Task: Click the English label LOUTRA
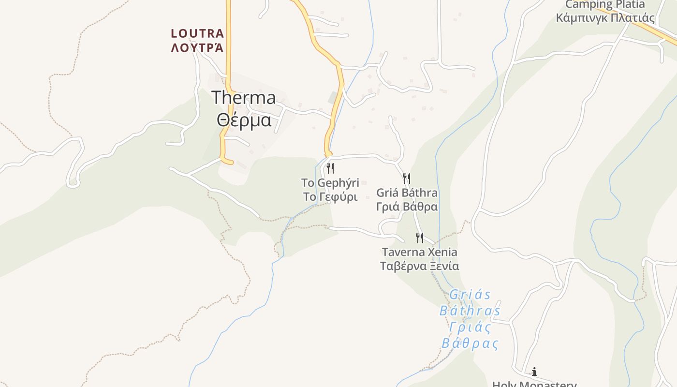(197, 33)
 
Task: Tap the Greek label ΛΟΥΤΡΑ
(197, 47)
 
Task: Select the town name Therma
(244, 98)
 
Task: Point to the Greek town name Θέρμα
(244, 119)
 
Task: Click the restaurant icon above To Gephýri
(330, 168)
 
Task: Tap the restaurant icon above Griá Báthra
(407, 179)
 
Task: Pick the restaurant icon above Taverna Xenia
(420, 238)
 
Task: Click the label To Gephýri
(330, 183)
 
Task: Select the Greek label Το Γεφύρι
(330, 197)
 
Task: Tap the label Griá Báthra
(407, 193)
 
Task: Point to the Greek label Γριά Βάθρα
(407, 207)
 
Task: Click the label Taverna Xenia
(419, 252)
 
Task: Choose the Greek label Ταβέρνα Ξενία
(419, 266)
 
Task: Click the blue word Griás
(470, 295)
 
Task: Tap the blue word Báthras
(470, 311)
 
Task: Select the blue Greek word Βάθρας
(470, 343)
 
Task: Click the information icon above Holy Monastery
(534, 372)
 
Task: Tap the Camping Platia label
(605, 5)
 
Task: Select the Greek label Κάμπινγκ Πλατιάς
(605, 18)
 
